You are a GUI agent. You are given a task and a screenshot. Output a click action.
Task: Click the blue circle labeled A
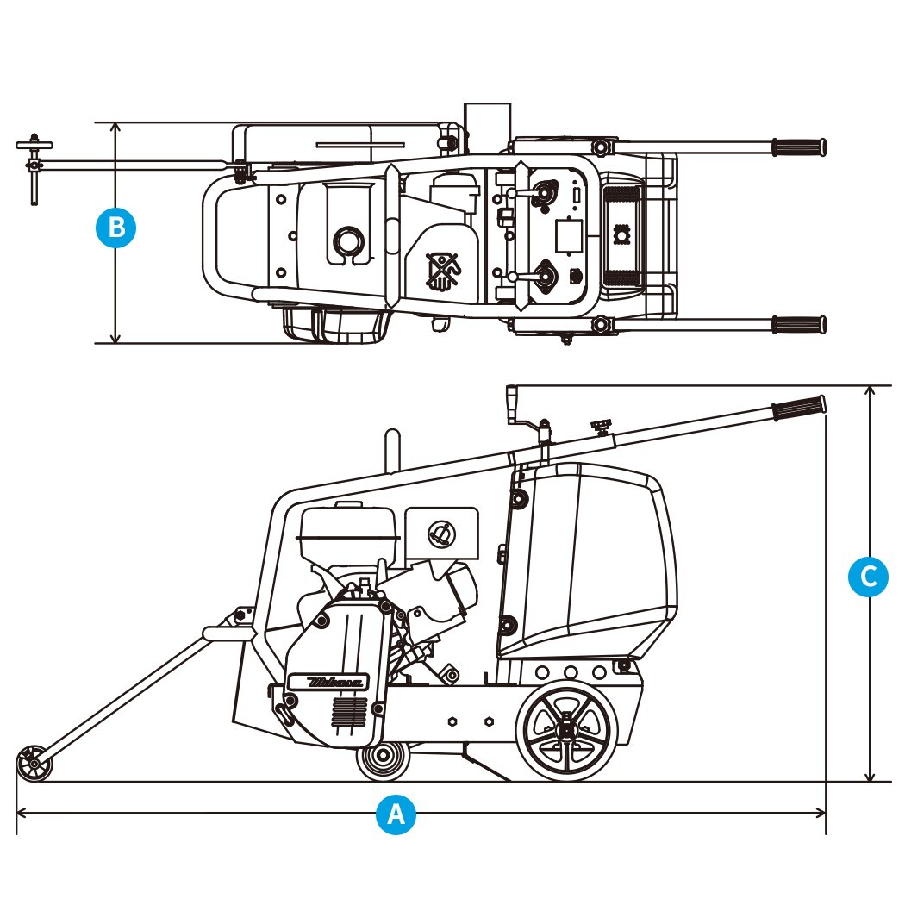point(396,814)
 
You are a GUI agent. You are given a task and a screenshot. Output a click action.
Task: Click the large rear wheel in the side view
point(566,730)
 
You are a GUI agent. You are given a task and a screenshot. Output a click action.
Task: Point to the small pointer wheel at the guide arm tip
point(33,764)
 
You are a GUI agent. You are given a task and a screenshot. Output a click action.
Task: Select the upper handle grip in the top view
point(798,147)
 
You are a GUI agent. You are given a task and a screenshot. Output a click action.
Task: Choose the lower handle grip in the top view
point(798,324)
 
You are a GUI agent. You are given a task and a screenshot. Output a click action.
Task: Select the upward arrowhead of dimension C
point(871,392)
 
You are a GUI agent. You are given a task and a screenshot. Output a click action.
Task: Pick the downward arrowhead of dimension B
point(115,337)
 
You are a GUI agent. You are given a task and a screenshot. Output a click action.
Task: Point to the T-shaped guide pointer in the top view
point(34,165)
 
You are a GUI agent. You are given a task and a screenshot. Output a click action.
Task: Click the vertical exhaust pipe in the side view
point(392,452)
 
